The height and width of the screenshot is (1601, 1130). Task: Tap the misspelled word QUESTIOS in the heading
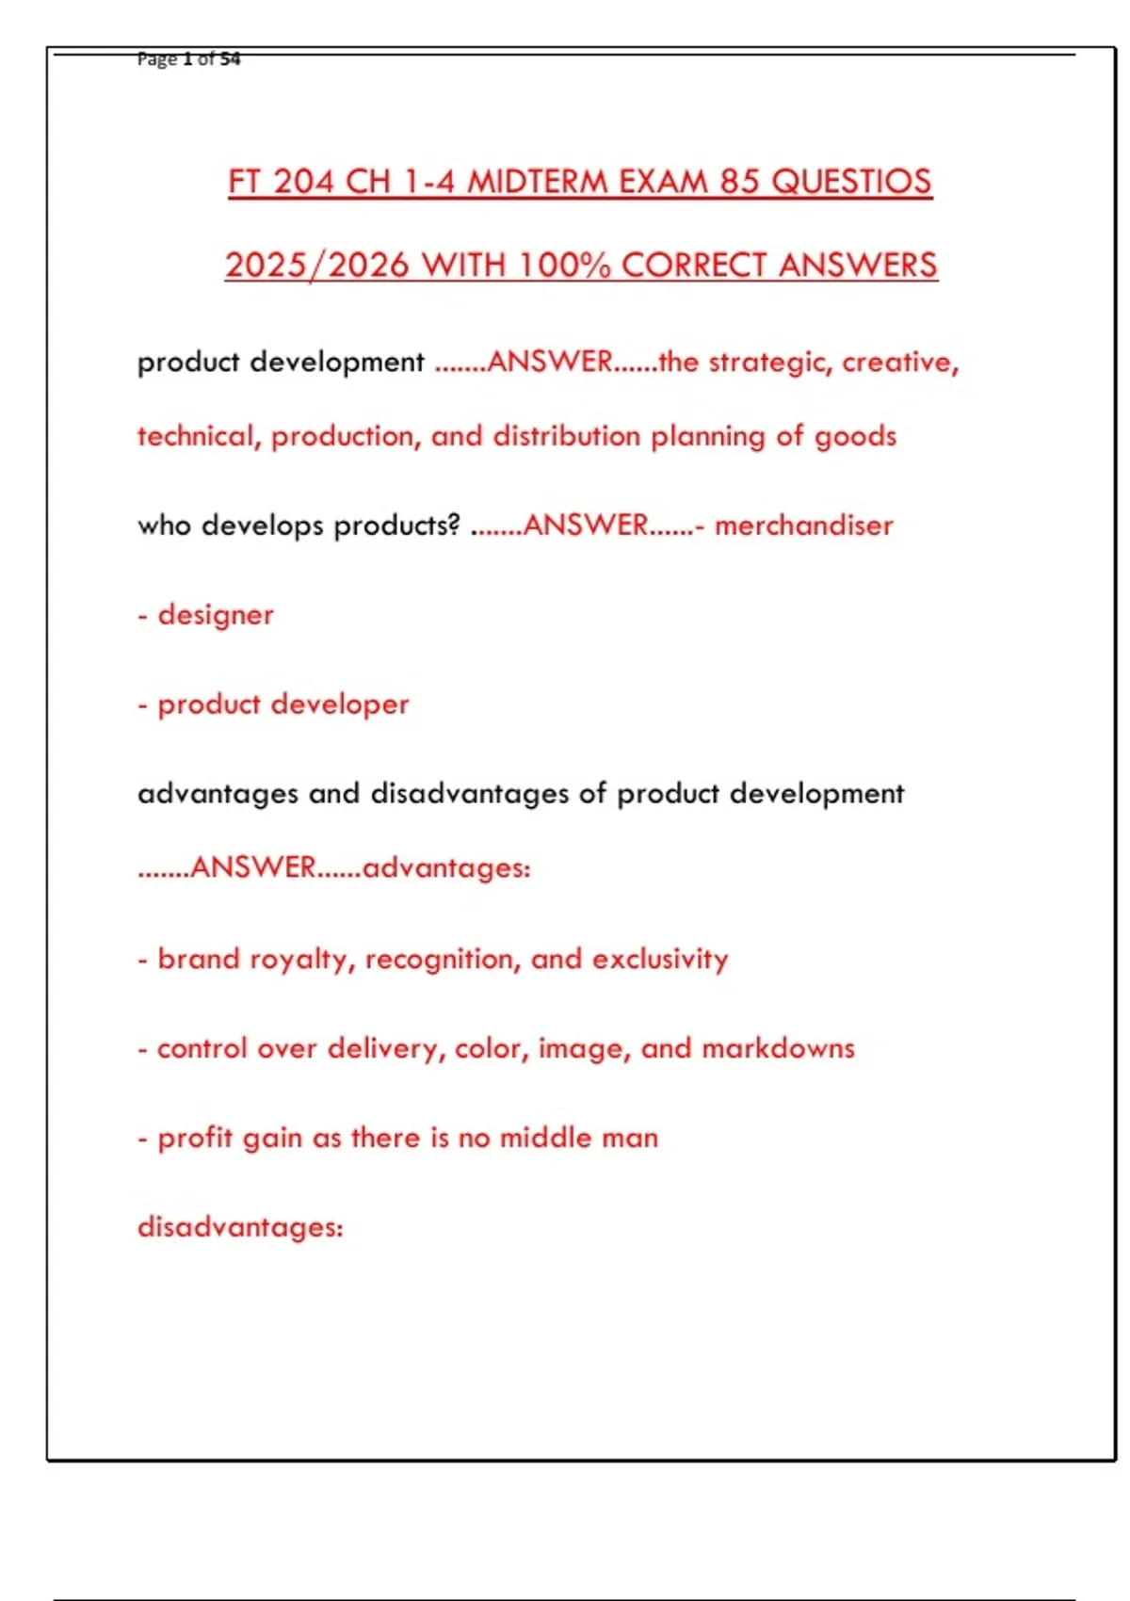click(851, 181)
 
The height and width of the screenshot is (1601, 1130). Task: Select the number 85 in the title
click(740, 181)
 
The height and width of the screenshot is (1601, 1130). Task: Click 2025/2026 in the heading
click(316, 265)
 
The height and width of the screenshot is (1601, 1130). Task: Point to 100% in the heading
click(564, 265)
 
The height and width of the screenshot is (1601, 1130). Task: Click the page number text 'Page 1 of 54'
click(188, 59)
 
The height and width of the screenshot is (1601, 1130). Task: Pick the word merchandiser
click(803, 525)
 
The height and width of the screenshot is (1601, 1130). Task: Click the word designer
click(216, 614)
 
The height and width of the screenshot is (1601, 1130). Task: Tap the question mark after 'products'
click(455, 525)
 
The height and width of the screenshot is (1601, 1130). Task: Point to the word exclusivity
click(660, 959)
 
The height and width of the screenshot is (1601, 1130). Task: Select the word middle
click(545, 1138)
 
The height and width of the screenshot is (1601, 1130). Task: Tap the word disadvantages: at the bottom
click(240, 1227)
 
